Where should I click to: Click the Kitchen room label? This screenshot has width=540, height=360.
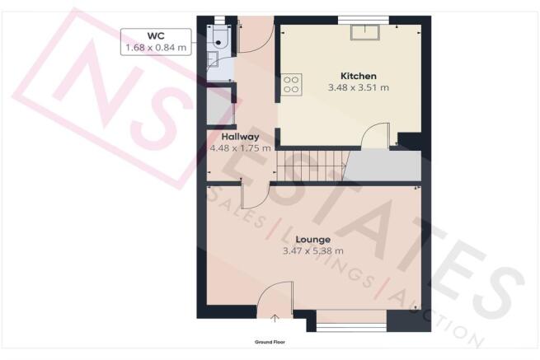point(358,76)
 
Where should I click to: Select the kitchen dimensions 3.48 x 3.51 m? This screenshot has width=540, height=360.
point(358,88)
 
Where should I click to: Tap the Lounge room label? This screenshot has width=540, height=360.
point(313,239)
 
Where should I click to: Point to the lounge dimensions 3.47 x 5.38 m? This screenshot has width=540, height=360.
point(313,251)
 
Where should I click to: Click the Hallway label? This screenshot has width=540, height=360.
point(240,137)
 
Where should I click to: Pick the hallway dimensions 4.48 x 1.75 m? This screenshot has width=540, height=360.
point(240,148)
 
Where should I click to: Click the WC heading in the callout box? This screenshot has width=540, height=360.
point(156,35)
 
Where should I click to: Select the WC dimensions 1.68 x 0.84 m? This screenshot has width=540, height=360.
point(156,48)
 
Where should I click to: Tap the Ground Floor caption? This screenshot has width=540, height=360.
point(270,342)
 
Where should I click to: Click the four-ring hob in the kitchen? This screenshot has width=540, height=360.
point(291,85)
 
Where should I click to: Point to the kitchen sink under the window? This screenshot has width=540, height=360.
point(365,32)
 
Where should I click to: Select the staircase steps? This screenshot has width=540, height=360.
point(312,166)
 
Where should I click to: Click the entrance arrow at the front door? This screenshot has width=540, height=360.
point(275,318)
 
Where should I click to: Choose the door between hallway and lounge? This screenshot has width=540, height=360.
point(256,196)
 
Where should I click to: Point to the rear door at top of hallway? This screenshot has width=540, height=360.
point(256,35)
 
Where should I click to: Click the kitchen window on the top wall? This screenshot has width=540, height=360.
point(364,20)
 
